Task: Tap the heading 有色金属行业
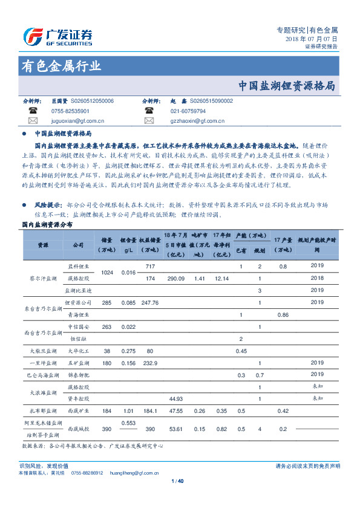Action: click(x=61, y=66)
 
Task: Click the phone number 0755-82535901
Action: click(x=70, y=112)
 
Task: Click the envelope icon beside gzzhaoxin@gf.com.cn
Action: click(x=149, y=122)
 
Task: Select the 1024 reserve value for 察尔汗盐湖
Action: click(x=108, y=273)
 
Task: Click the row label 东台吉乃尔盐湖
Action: click(x=44, y=308)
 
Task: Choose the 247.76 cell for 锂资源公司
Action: click(x=148, y=302)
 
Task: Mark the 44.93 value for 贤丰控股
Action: click(x=176, y=399)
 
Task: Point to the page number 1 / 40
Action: click(x=180, y=481)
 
